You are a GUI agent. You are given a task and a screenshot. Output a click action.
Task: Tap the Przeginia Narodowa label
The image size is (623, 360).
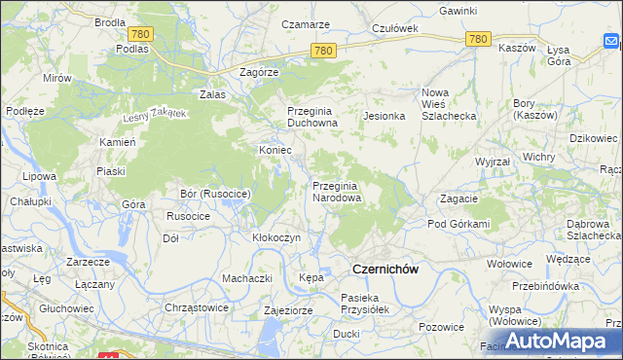[337, 191]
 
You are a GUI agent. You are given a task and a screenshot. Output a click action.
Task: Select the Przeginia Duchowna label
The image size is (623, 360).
[311, 117]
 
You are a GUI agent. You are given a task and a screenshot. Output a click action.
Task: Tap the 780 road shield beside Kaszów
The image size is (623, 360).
[477, 39]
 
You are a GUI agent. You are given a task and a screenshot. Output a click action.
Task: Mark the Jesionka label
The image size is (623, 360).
[384, 116]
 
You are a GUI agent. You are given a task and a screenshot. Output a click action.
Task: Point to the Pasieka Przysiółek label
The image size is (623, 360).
[365, 304]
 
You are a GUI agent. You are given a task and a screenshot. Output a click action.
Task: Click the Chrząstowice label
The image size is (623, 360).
[196, 306]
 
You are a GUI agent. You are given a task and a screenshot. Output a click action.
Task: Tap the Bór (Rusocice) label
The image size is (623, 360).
[216, 195]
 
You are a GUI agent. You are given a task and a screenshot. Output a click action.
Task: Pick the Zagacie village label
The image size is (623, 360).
[458, 198]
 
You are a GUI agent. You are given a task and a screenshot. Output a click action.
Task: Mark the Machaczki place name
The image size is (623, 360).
[246, 278]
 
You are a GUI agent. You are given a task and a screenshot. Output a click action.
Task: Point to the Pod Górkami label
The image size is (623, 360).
[458, 224]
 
